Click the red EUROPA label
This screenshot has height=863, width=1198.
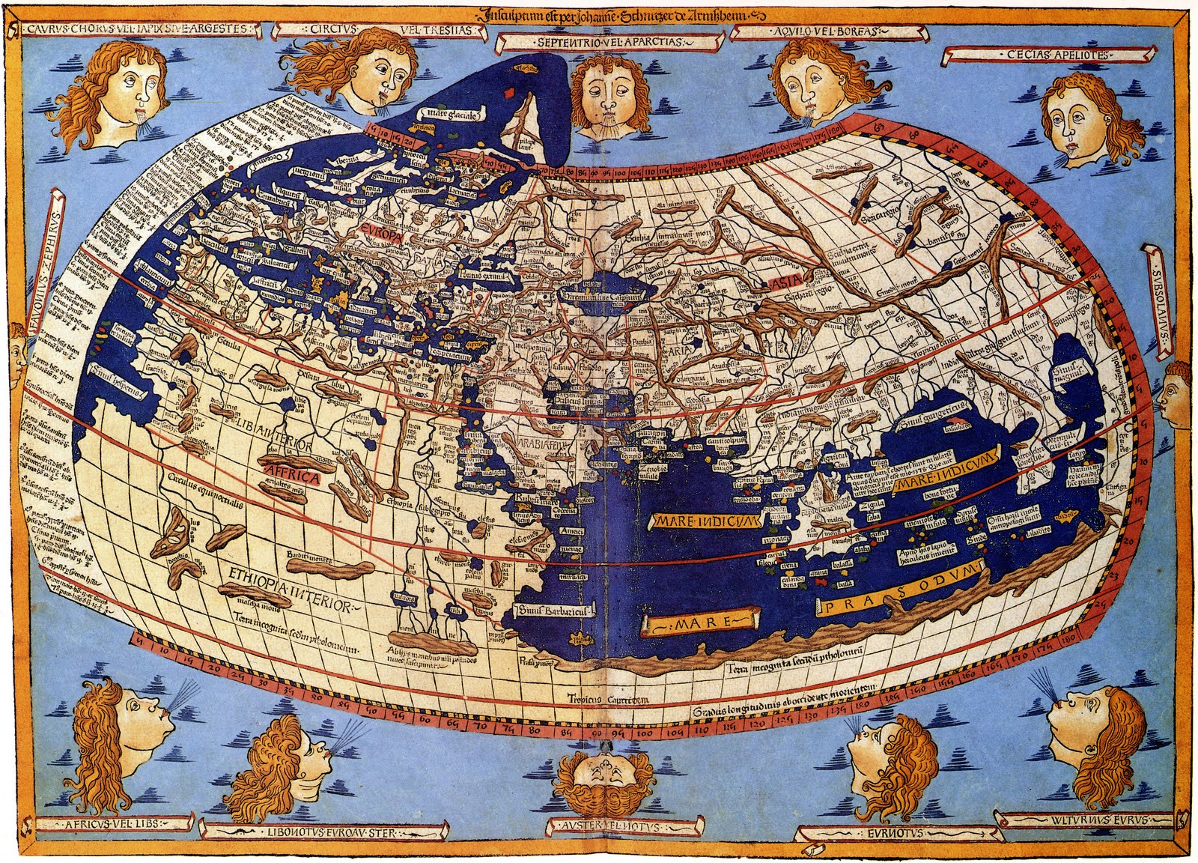pyautogui.click(x=381, y=234)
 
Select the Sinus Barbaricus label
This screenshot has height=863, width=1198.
pyautogui.click(x=552, y=614)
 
